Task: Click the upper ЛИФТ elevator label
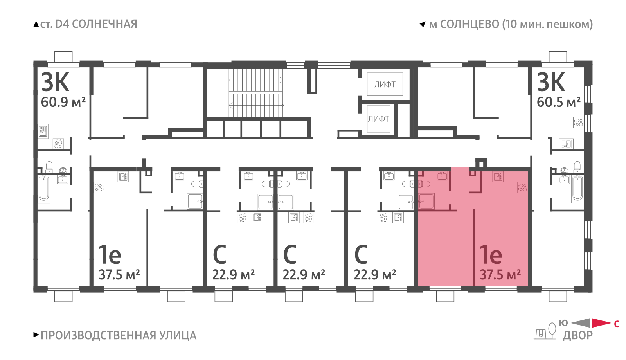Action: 385,85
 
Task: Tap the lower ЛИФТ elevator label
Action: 379,119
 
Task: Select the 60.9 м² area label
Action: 63,102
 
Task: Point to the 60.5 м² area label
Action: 559,102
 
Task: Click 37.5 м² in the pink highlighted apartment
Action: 500,275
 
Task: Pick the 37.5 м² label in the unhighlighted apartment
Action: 119,275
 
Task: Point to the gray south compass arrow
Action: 580,323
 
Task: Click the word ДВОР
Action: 577,335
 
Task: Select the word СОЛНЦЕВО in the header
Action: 469,24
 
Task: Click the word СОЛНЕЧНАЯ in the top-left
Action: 104,24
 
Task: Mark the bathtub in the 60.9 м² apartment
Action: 43,189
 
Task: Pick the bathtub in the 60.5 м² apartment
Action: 577,189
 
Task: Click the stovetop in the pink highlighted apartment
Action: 522,187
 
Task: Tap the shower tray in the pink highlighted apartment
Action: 426,201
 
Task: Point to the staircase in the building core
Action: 256,93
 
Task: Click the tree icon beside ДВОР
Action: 552,331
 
